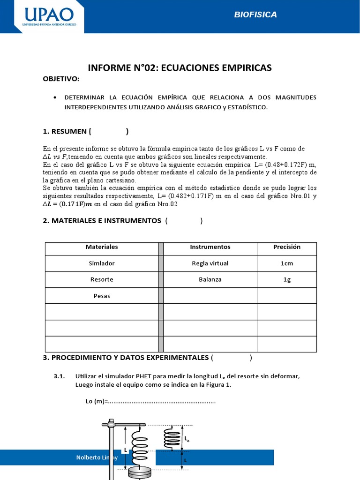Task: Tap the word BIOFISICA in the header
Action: tap(255, 15)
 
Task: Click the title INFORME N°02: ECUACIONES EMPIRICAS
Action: tap(180, 68)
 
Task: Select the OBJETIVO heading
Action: tap(61, 79)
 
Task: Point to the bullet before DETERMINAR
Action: tap(56, 97)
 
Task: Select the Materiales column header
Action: tap(102, 247)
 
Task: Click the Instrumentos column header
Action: tap(210, 247)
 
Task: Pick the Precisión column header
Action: tap(286, 247)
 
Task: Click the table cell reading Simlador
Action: tap(102, 263)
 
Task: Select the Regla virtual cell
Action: tap(210, 263)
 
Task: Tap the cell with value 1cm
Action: tap(286, 263)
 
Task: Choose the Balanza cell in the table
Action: tap(210, 279)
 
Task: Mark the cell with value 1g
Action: tap(286, 279)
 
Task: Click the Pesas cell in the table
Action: tap(102, 296)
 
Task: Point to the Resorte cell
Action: tap(102, 279)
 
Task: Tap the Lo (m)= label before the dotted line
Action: tap(93, 401)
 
